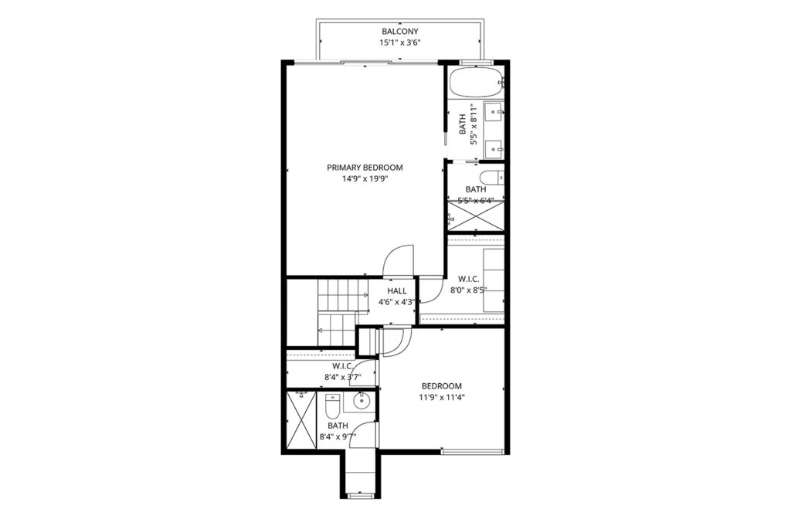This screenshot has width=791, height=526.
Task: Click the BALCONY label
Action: [x=400, y=32]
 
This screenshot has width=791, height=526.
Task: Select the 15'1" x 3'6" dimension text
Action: [x=400, y=42]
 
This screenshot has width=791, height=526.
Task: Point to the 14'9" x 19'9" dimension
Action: [x=365, y=178]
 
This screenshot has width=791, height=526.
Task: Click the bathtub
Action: [x=476, y=82]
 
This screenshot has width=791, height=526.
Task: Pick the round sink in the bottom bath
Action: [x=362, y=402]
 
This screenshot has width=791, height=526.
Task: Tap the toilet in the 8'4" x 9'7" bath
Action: [x=332, y=405]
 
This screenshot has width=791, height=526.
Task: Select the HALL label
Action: [x=397, y=291]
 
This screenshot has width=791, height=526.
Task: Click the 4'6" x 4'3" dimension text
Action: [x=397, y=302]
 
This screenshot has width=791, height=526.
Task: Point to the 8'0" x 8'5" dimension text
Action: [x=469, y=290]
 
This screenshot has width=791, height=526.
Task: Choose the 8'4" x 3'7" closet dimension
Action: [x=342, y=376]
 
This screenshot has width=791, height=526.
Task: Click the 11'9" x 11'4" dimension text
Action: [x=442, y=397]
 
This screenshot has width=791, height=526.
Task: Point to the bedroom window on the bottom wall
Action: [x=473, y=451]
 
